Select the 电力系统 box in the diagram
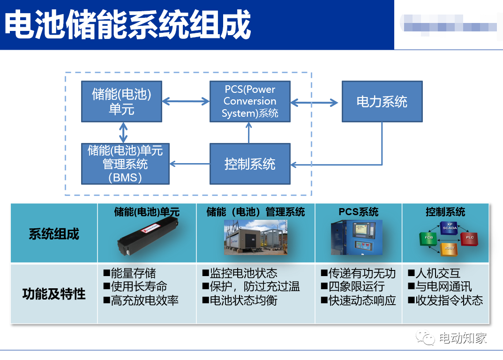click(x=382, y=102)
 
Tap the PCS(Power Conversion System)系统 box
click(x=250, y=101)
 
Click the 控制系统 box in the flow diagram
click(x=250, y=164)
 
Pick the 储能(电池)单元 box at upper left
click(x=121, y=101)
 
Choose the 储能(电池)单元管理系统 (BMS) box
click(x=125, y=164)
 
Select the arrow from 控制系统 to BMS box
click(x=189, y=164)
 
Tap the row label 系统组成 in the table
click(x=54, y=234)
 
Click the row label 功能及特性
click(x=54, y=294)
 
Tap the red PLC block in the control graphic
click(x=469, y=238)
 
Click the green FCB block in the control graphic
click(x=428, y=238)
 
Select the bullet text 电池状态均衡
click(x=243, y=300)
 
